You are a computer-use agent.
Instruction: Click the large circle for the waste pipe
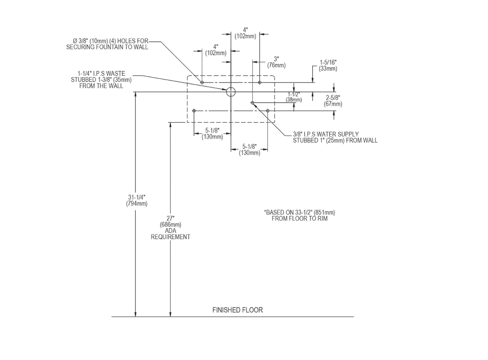pos(231,91)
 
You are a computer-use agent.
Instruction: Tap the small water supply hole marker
pos(253,102)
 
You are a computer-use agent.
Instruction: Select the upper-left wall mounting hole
pos(202,82)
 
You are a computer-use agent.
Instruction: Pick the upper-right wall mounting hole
pos(260,82)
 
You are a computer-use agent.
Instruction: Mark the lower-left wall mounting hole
pos(194,111)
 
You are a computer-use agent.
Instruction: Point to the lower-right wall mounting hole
pos(268,111)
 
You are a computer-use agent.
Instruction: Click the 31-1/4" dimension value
pos(137,197)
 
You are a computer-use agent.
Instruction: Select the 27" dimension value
pos(170,218)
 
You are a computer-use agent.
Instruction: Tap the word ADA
pos(170,231)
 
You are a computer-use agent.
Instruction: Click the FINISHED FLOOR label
pos(238,310)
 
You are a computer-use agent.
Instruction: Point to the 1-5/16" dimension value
pos(328,63)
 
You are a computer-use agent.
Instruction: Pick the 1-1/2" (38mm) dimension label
pos(293,97)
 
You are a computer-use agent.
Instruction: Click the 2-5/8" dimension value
pos(334,98)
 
